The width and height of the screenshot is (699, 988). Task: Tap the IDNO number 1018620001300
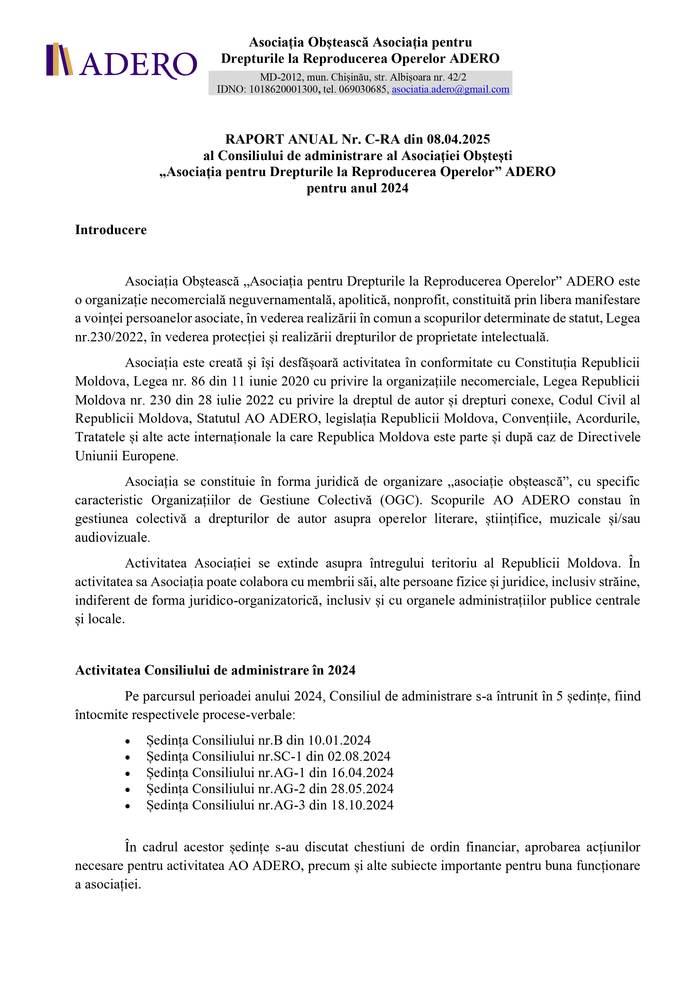tap(284, 90)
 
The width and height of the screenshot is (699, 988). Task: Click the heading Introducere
tap(111, 230)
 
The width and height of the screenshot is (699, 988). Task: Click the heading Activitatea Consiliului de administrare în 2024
tap(215, 670)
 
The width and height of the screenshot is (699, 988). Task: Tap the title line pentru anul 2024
tap(357, 188)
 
